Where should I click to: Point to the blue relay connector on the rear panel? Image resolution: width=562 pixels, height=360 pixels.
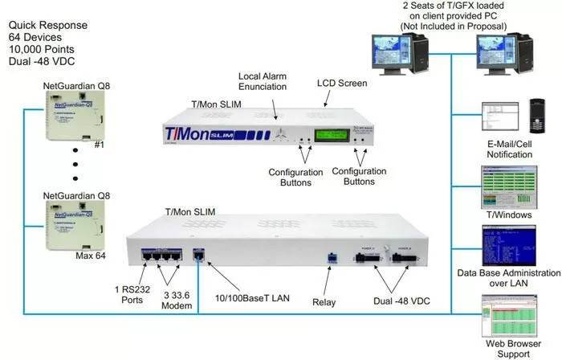pyautogui.click(x=329, y=258)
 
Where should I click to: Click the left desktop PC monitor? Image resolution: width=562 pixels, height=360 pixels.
pyautogui.click(x=391, y=58)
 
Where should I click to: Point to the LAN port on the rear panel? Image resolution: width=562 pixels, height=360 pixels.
pyautogui.click(x=201, y=256)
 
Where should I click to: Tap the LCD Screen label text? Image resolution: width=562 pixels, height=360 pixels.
pyautogui.click(x=342, y=83)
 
